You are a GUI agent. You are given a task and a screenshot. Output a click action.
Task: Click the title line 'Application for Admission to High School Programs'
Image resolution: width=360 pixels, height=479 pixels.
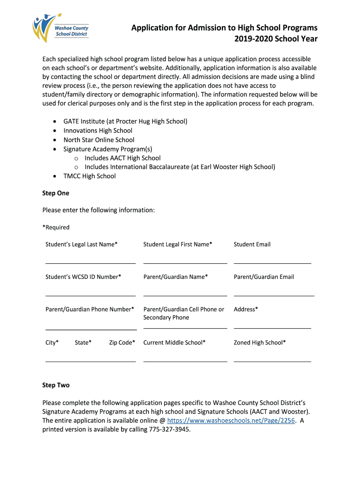[224, 28]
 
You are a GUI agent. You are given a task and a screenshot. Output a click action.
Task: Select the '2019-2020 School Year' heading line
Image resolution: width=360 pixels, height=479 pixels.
[276, 39]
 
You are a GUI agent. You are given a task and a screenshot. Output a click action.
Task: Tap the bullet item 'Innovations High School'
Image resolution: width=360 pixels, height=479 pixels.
[98, 131]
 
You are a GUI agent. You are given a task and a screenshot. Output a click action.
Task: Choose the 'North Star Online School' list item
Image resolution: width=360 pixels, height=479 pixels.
[99, 140]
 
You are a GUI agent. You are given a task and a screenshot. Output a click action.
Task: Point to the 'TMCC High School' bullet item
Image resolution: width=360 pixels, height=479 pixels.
[89, 176]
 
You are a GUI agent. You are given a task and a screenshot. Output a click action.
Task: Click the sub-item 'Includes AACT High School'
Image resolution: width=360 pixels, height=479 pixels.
[122, 158]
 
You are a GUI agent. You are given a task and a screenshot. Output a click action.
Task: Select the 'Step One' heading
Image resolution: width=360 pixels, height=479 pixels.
[56, 193]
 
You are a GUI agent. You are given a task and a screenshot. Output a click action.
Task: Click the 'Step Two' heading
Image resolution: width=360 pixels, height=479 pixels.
[56, 385]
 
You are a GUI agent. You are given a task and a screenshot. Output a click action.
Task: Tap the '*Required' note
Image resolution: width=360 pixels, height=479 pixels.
[56, 227]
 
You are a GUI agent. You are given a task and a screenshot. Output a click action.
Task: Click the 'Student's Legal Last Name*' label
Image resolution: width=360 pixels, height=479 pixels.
[81, 244]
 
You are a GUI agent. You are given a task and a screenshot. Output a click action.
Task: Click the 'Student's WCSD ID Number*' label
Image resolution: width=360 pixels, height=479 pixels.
[83, 277]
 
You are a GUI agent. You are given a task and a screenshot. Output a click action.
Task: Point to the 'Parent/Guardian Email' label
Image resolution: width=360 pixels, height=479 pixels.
[264, 277]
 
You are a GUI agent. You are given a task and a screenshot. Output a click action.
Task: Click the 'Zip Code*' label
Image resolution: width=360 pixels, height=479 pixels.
[122, 342]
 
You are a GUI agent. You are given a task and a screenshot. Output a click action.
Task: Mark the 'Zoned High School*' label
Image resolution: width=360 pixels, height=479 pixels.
[259, 342]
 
